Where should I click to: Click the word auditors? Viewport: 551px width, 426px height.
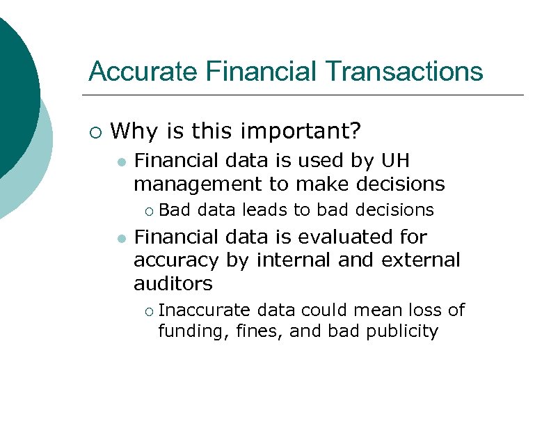tap(173, 284)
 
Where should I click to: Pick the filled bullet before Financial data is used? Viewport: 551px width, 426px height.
tap(121, 162)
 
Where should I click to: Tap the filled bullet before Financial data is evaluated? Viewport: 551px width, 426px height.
tap(121, 238)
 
